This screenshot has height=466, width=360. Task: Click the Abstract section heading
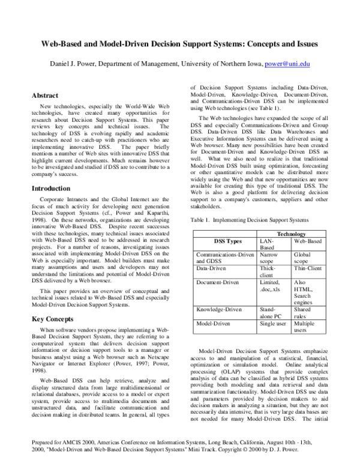click(x=45, y=95)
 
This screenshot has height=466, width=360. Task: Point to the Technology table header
click(x=291, y=234)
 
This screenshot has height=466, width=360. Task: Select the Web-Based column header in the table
click(x=308, y=240)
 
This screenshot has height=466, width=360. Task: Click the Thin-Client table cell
click(x=308, y=268)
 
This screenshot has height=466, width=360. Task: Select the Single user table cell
click(x=273, y=323)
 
